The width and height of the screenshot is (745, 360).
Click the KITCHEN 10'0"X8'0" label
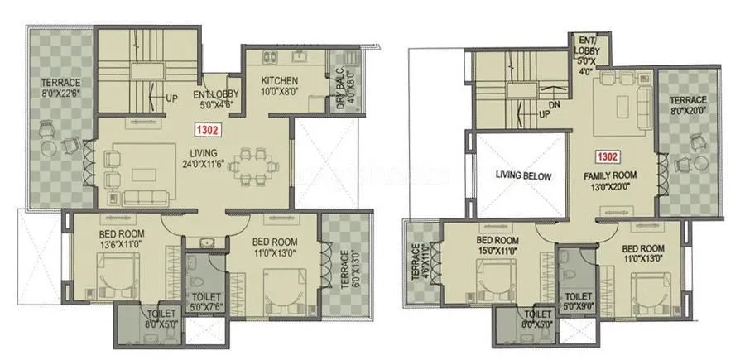[279, 86]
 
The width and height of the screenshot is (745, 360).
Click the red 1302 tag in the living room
[207, 130]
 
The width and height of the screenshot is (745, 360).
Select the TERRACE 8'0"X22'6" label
[61, 88]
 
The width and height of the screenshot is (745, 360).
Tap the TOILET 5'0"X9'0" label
[577, 300]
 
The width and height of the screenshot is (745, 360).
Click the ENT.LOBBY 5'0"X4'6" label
[216, 99]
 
